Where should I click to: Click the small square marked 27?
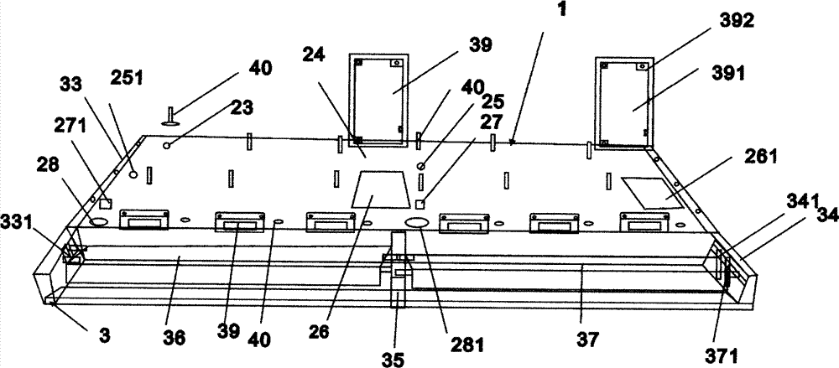coord(423,204)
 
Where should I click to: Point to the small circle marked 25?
coord(422,165)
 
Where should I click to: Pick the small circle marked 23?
coord(168,145)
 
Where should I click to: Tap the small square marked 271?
coord(105,203)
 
